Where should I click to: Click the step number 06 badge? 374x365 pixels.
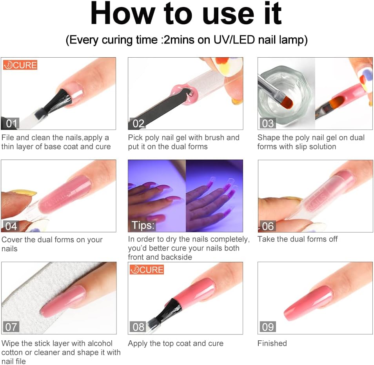tap(268, 226)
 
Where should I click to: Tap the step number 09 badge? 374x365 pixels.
tap(268, 327)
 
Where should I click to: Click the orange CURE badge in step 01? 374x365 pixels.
tap(20, 65)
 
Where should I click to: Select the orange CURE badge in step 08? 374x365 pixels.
tap(147, 270)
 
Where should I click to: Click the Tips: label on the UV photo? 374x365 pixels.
tap(143, 226)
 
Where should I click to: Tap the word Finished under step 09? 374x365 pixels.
tap(272, 343)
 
